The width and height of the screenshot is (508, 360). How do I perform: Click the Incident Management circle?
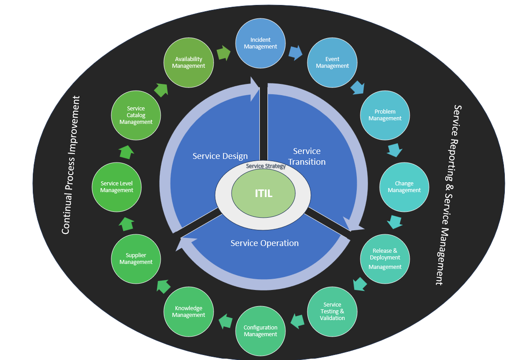tap(261, 44)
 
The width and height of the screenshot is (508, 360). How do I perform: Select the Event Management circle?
tap(332, 62)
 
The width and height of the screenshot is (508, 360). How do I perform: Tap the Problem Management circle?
tap(385, 115)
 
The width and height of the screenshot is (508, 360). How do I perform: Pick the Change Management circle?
tap(404, 187)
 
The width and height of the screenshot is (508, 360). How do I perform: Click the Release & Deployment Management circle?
tap(385, 259)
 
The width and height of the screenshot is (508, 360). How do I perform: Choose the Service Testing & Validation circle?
tap(332, 312)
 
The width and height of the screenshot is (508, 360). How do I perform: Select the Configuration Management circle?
tap(261, 331)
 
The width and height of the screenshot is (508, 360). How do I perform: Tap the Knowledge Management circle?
tap(188, 312)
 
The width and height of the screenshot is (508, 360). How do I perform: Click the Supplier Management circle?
tap(136, 259)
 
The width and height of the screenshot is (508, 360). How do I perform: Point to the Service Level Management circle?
tap(117, 187)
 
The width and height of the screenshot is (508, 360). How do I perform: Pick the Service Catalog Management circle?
tap(136, 115)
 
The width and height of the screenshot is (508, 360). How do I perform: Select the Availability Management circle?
tap(188, 62)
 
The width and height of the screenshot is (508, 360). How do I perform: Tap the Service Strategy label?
tap(266, 167)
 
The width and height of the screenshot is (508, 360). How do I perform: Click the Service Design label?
tap(220, 156)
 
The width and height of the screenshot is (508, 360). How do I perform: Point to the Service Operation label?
tap(264, 243)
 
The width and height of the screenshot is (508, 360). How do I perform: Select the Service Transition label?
tap(307, 156)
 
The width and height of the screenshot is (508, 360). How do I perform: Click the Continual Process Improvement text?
tap(72, 165)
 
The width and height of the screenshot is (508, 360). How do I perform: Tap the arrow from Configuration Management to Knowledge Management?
tap(225, 321)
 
